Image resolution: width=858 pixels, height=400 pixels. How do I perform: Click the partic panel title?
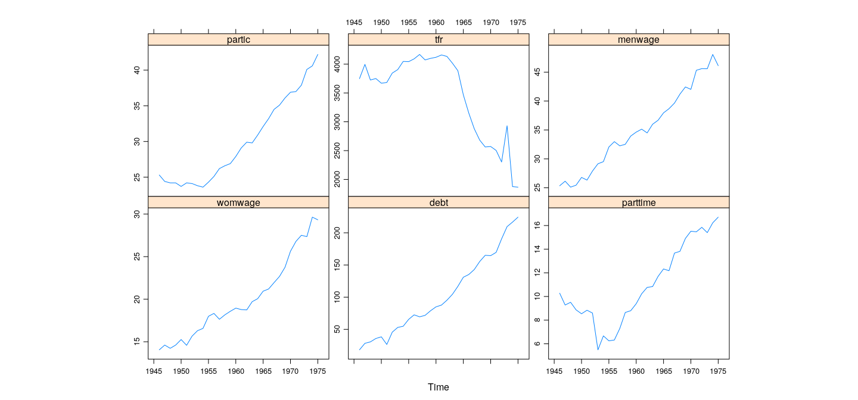[x=238, y=40]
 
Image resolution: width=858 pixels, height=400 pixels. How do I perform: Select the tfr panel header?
[x=439, y=40]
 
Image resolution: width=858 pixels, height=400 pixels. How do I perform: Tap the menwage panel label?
[x=639, y=40]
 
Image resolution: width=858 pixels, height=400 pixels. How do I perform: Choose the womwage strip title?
[x=238, y=202]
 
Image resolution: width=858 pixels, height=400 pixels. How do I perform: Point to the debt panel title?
[x=439, y=202]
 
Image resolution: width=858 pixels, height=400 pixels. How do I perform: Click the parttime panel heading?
[x=639, y=202]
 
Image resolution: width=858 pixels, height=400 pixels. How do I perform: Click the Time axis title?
[x=439, y=387]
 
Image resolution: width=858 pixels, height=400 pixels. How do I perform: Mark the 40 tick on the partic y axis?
[x=136, y=70]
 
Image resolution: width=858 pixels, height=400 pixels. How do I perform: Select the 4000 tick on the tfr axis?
[x=337, y=63]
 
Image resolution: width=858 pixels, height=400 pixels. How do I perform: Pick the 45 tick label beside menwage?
[x=537, y=72]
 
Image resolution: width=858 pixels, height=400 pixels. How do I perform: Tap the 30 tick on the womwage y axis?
[x=136, y=214]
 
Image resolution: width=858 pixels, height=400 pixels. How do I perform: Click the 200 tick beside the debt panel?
[x=337, y=234]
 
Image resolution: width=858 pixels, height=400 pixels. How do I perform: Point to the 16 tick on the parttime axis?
[x=537, y=225]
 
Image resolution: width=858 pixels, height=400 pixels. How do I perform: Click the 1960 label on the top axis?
[x=436, y=23]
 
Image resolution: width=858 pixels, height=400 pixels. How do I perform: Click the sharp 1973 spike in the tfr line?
[x=506, y=126]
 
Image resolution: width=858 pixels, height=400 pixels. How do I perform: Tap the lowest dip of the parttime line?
[x=598, y=349]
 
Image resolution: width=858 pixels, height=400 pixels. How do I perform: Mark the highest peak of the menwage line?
[x=713, y=54]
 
